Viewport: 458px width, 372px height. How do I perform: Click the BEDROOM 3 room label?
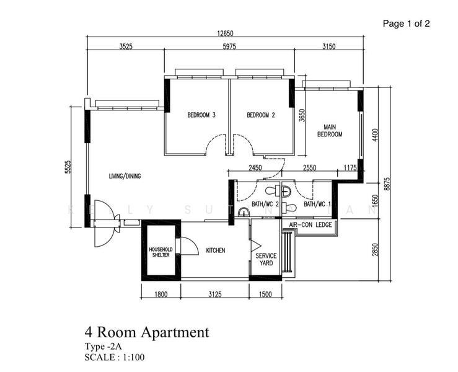tap(201, 115)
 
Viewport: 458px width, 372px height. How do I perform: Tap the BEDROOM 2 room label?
tap(260, 115)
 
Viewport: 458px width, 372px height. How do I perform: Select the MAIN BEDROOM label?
tap(330, 130)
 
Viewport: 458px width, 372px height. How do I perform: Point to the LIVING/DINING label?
tap(125, 176)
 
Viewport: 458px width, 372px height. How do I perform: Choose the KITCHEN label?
tap(215, 250)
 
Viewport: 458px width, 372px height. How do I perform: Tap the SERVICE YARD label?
tap(266, 259)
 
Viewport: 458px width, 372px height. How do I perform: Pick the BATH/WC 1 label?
tap(317, 205)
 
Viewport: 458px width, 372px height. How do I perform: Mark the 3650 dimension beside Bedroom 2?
tap(302, 117)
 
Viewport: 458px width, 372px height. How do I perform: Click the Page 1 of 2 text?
tap(406, 24)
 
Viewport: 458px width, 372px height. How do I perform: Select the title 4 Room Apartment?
tap(147, 332)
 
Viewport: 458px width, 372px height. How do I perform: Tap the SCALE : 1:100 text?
tap(115, 357)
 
